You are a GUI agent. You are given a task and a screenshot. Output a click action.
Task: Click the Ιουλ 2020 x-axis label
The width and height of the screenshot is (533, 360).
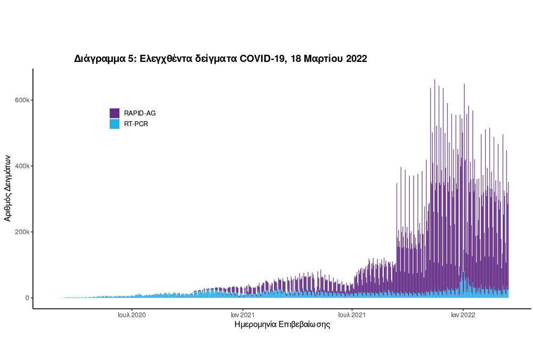[132, 315]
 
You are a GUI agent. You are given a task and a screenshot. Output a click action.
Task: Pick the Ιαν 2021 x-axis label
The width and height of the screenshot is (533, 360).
[243, 315]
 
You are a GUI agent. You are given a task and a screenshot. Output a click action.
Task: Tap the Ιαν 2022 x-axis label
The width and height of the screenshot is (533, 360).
[463, 315]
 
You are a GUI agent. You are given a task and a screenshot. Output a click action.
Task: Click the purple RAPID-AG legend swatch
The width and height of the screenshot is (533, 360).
[115, 113]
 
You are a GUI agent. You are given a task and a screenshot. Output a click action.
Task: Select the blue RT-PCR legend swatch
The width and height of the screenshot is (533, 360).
[115, 124]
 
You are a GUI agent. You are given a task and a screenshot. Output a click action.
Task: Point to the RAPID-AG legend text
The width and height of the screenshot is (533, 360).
[140, 113]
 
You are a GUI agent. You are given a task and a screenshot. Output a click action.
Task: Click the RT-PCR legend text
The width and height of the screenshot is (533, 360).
[136, 124]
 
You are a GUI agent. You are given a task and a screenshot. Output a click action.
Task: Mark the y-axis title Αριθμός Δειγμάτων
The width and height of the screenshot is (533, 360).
[8, 188]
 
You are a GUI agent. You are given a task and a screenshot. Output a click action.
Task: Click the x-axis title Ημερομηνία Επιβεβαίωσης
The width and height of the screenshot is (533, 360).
[282, 324]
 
